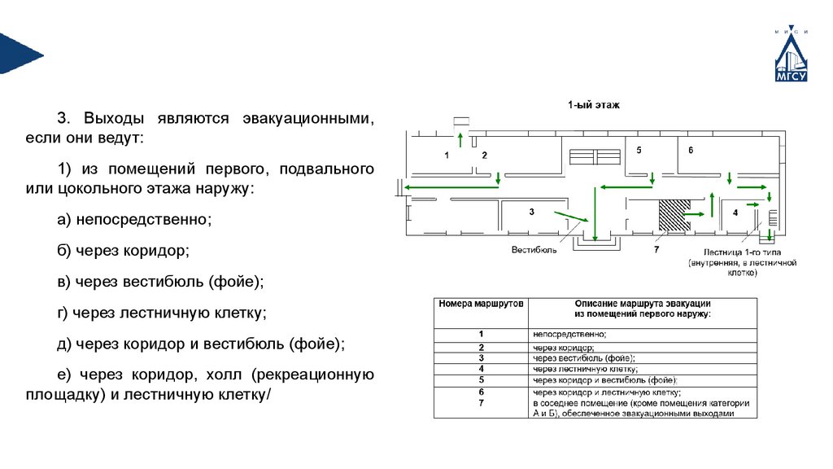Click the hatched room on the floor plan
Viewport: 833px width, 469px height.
coord(672,214)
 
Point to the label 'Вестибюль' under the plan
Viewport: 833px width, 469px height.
coord(534,250)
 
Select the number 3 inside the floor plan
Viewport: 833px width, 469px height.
coord(530,212)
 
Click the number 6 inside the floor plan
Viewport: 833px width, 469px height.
coord(691,151)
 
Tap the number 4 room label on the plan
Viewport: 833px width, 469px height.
coord(735,213)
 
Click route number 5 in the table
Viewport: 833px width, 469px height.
coord(482,379)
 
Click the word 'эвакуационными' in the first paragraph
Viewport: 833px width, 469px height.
coord(307,116)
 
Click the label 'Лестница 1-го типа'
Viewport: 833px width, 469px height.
coord(740,252)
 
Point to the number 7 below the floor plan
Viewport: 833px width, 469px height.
coord(656,251)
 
